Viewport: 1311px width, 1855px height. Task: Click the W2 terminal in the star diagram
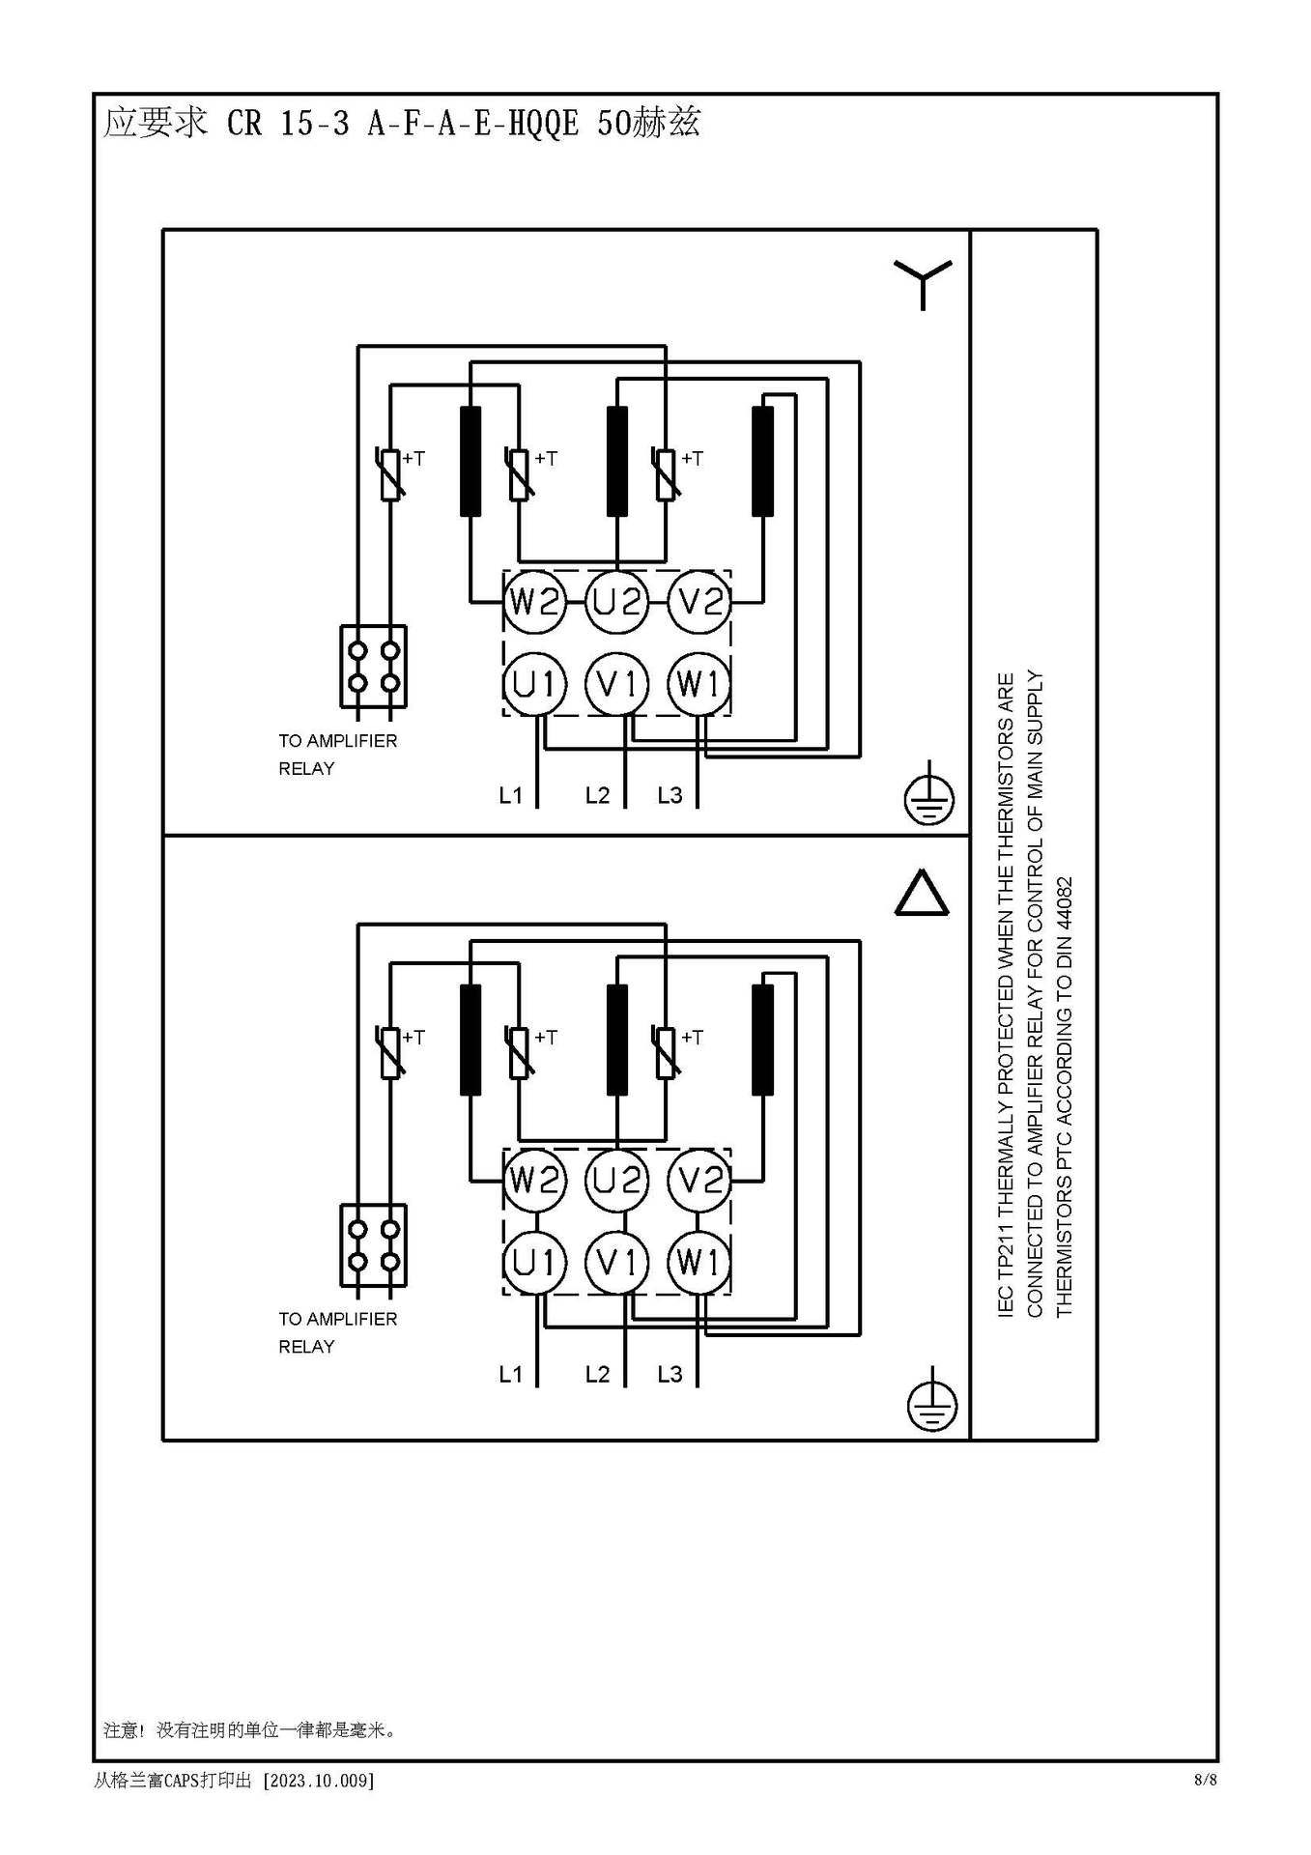(x=533, y=602)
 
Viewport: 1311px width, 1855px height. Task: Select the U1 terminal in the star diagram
(x=533, y=684)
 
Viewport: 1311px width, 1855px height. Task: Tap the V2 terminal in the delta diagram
(x=700, y=1181)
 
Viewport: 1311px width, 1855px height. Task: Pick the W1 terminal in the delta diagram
(x=698, y=1262)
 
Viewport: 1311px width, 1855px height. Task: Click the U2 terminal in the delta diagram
(x=616, y=1181)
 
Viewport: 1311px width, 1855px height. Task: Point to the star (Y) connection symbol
(x=923, y=284)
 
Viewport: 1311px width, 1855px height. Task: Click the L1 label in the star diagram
(x=510, y=795)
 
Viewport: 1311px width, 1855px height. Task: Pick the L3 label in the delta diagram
(x=670, y=1374)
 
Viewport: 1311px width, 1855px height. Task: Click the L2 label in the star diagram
(x=597, y=795)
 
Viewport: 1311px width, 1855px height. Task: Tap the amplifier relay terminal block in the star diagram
(x=373, y=667)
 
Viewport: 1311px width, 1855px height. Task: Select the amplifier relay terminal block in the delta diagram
(x=373, y=1245)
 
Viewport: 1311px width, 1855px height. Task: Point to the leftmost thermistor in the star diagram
(x=390, y=474)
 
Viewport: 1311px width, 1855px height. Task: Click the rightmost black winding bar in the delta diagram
(x=762, y=1040)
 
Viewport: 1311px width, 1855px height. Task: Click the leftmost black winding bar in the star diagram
(x=470, y=462)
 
